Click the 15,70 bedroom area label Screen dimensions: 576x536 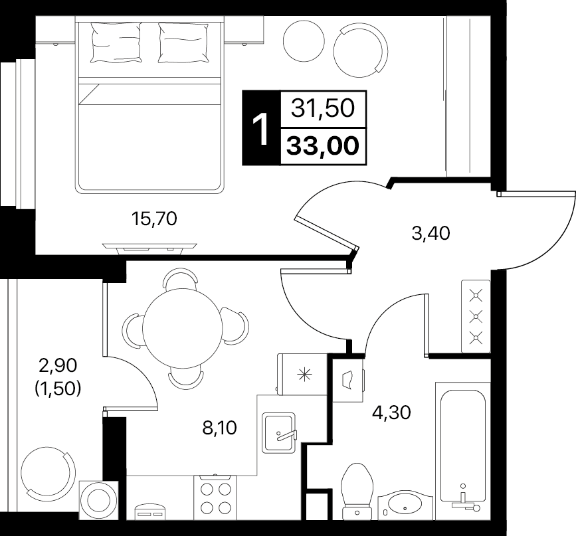(154, 219)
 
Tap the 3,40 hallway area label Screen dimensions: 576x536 (431, 234)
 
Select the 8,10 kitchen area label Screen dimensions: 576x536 (220, 428)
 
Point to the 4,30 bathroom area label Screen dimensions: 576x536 (391, 412)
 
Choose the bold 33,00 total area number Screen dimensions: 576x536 (322, 146)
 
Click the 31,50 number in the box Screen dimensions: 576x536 (323, 108)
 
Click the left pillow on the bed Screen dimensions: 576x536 (116, 42)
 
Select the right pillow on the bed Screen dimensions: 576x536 (183, 42)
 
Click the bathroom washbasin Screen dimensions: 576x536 (405, 506)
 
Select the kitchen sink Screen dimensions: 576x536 (279, 432)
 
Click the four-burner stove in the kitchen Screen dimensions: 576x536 (215, 497)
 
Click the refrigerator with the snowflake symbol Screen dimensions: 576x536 (302, 375)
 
